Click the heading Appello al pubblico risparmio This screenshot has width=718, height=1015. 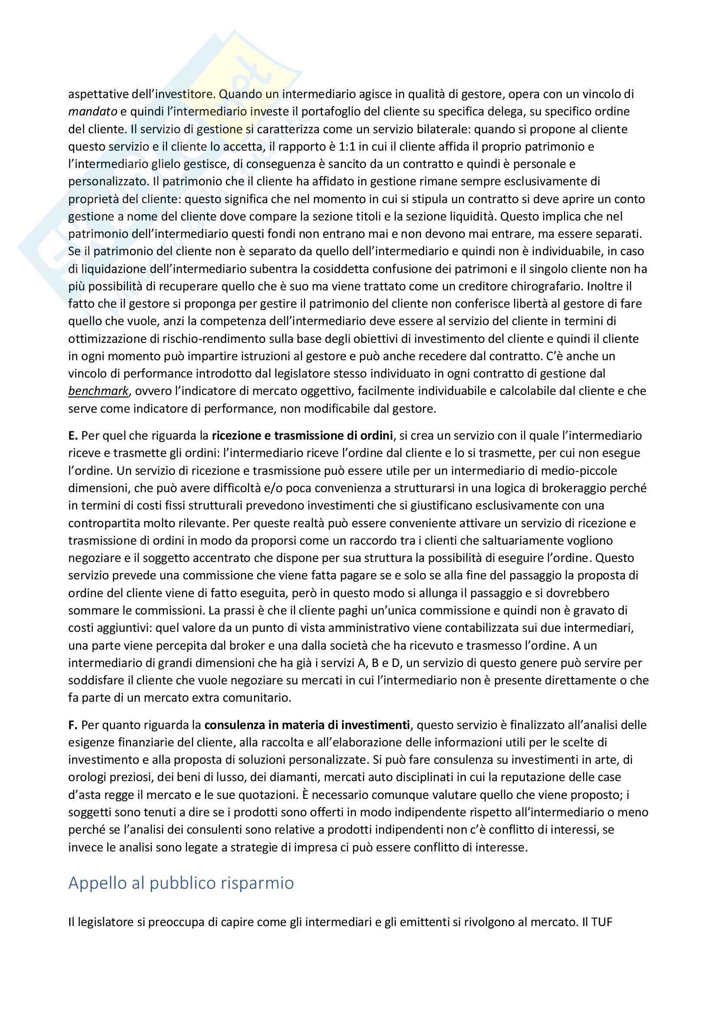(181, 883)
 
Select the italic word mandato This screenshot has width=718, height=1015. (92, 112)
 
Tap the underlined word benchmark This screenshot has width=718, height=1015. (98, 391)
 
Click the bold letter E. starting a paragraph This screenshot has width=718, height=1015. (73, 435)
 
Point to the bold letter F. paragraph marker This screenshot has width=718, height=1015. (73, 725)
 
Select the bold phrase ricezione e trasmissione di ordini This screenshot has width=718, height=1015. (303, 435)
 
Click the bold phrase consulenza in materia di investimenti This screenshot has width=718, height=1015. (307, 725)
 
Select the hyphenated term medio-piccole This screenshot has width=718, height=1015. (576, 470)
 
